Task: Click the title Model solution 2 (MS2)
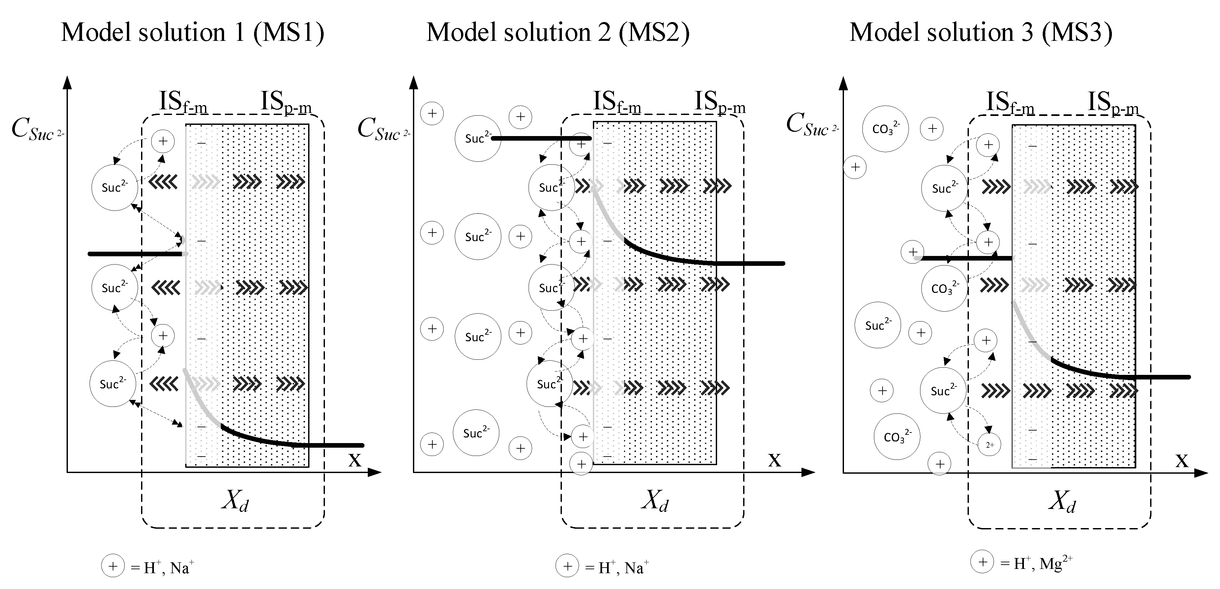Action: tap(558, 33)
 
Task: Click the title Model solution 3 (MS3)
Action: tap(980, 33)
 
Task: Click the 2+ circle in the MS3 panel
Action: tap(989, 445)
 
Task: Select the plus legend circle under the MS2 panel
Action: tap(567, 566)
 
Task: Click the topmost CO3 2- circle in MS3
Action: tap(885, 129)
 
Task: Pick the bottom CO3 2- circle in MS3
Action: tap(896, 436)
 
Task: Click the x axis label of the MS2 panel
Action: tap(774, 459)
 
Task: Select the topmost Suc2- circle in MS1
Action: tap(115, 187)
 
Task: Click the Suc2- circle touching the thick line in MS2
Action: tap(478, 138)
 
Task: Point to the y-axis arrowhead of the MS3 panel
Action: tap(843, 83)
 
